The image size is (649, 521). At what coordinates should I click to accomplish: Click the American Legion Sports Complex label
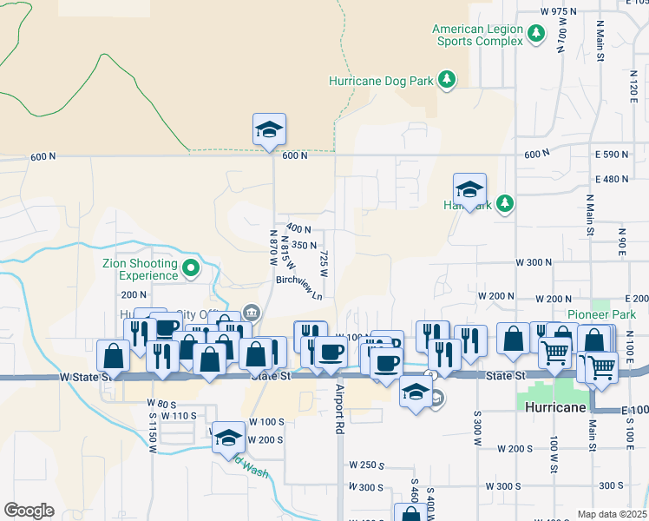tap(478, 35)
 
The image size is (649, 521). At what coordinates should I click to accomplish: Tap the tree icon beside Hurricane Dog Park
tap(447, 81)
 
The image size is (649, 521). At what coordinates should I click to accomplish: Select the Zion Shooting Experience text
tap(143, 269)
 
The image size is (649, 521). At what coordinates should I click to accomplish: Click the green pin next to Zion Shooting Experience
tap(193, 269)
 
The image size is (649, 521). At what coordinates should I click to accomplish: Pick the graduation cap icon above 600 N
tap(269, 129)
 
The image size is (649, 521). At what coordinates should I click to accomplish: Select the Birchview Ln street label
tap(299, 287)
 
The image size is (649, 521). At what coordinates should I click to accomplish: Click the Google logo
tap(29, 511)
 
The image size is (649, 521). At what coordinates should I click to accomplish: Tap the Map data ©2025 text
tap(613, 514)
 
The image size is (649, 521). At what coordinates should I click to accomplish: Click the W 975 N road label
tap(558, 11)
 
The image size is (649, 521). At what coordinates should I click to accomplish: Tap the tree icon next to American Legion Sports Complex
tap(537, 33)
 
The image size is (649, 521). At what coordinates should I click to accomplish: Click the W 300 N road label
tap(534, 261)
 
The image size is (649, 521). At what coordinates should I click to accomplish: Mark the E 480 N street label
tap(612, 179)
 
